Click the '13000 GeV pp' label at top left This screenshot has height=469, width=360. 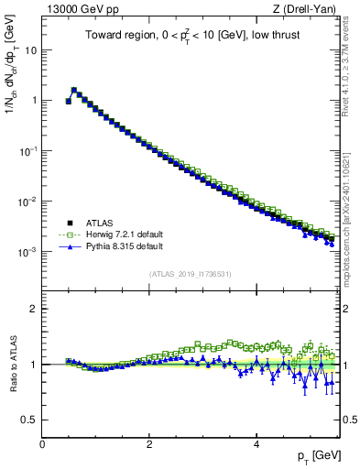tap(80, 9)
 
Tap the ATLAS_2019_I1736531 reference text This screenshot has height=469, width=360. tap(190, 274)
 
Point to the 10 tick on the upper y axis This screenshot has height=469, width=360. tap(31, 49)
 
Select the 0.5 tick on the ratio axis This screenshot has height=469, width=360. tap(29, 420)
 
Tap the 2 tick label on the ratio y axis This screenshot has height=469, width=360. tap(34, 309)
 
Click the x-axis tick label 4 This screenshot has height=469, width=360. tap(256, 443)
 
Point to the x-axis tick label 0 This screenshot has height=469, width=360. tap(42, 443)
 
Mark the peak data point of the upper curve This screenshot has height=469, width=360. tap(74, 90)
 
